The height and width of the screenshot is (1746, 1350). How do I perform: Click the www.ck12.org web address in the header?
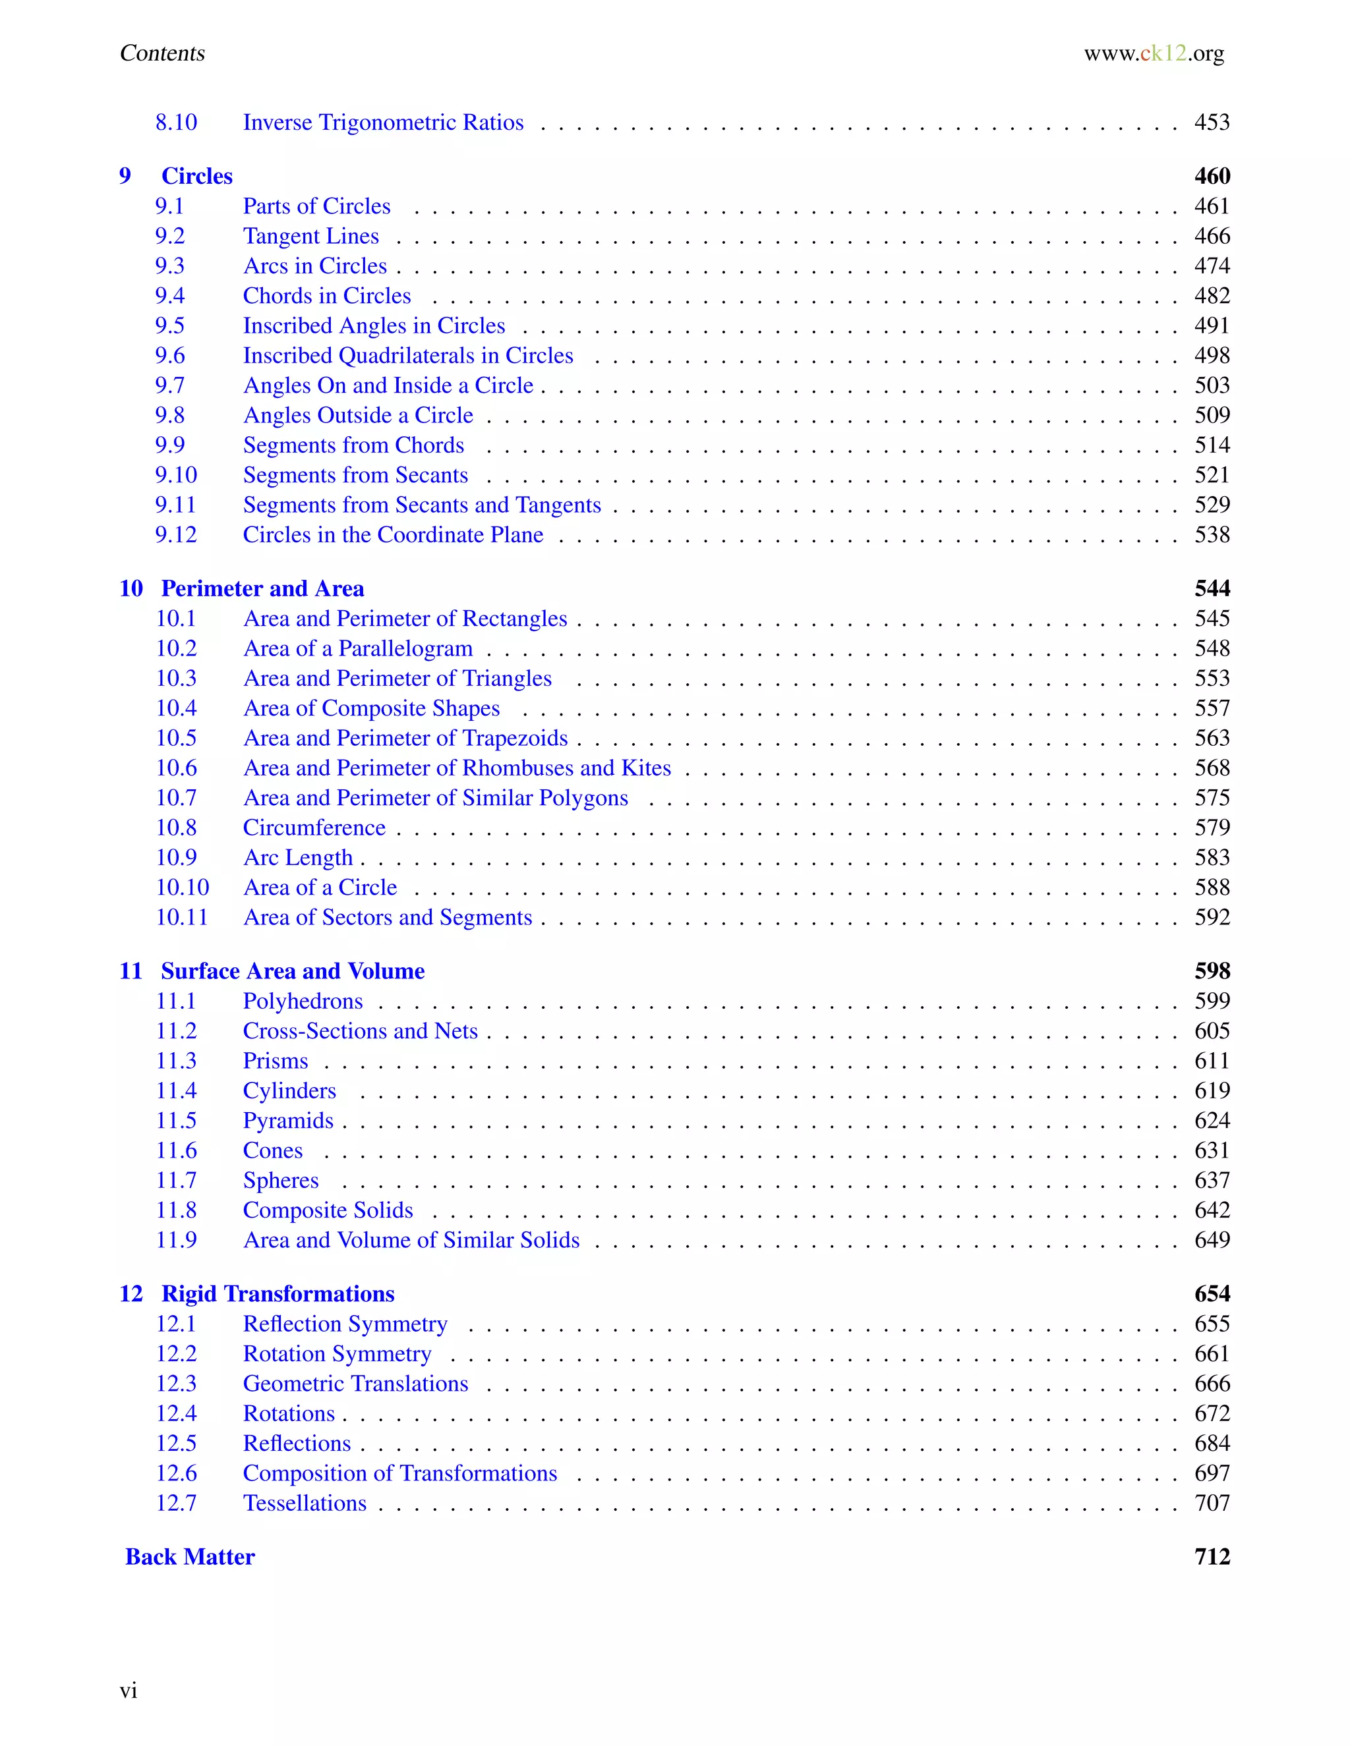[x=1154, y=53]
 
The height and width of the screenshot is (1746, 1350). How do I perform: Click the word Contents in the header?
[x=162, y=53]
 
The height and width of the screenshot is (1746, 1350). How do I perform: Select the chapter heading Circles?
[x=196, y=176]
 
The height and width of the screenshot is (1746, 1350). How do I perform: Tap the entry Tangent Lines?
[x=310, y=236]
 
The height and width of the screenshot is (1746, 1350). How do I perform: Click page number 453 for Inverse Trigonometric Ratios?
[x=1211, y=123]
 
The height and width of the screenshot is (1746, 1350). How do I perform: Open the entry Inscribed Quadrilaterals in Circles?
[x=408, y=356]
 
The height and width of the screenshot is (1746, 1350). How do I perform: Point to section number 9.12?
[x=175, y=535]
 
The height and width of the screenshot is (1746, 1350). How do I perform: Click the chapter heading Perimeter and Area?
[x=262, y=589]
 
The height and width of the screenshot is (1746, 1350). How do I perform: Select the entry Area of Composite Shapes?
[x=371, y=708]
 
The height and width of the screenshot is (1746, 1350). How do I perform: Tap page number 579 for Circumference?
[x=1211, y=828]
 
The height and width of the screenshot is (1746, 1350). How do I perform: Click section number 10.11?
[x=181, y=918]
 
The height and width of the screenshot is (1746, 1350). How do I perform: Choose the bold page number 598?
[x=1211, y=971]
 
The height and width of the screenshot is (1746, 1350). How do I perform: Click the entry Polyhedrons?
[x=303, y=1001]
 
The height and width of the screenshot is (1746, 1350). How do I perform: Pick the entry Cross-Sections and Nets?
[x=360, y=1031]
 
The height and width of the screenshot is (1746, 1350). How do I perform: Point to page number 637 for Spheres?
[x=1211, y=1181]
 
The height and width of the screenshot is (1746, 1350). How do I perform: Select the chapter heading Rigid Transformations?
[x=278, y=1294]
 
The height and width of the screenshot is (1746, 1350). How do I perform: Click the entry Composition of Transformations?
[x=400, y=1473]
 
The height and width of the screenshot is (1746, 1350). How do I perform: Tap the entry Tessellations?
[x=305, y=1504]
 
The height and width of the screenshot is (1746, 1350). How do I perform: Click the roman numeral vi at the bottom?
[x=128, y=1691]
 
